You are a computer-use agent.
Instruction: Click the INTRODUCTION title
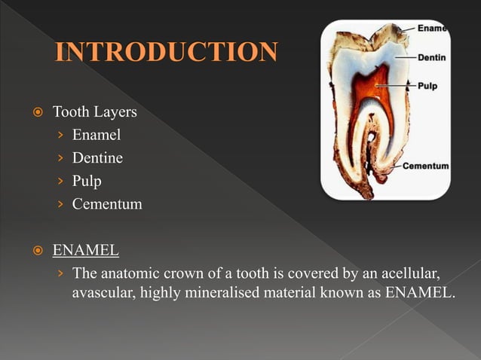coord(167,53)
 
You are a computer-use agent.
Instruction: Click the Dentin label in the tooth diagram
coord(431,56)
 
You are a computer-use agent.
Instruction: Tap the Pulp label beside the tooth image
coord(427,86)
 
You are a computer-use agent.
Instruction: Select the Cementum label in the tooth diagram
coord(426,166)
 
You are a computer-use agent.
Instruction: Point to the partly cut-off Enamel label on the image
coord(432,29)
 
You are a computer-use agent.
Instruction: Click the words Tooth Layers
coord(94,112)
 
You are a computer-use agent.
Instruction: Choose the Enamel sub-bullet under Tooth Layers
coord(97,135)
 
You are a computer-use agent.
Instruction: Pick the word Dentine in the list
coord(97,158)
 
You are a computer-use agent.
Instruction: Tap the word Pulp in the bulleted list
coord(87,181)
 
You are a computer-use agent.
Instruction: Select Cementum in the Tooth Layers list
coord(107,203)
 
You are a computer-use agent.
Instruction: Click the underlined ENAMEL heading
coord(85,249)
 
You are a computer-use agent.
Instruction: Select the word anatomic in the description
coord(126,271)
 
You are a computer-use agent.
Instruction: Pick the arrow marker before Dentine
coord(61,158)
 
